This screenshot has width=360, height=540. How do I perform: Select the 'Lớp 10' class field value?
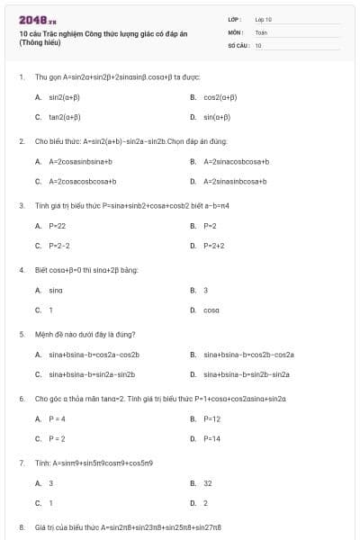click(x=264, y=18)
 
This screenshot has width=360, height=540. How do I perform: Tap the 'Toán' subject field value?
click(x=261, y=31)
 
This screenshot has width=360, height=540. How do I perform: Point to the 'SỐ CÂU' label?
click(x=237, y=43)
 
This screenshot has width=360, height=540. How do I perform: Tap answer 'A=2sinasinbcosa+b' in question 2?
click(x=236, y=182)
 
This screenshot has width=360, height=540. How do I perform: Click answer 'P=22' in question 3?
click(x=57, y=226)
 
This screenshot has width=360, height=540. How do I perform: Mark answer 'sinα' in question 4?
click(x=56, y=290)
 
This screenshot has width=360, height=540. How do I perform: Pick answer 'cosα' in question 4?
click(x=211, y=310)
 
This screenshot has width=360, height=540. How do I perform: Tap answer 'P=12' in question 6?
click(x=211, y=418)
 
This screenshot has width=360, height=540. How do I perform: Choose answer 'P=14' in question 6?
click(x=211, y=438)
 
